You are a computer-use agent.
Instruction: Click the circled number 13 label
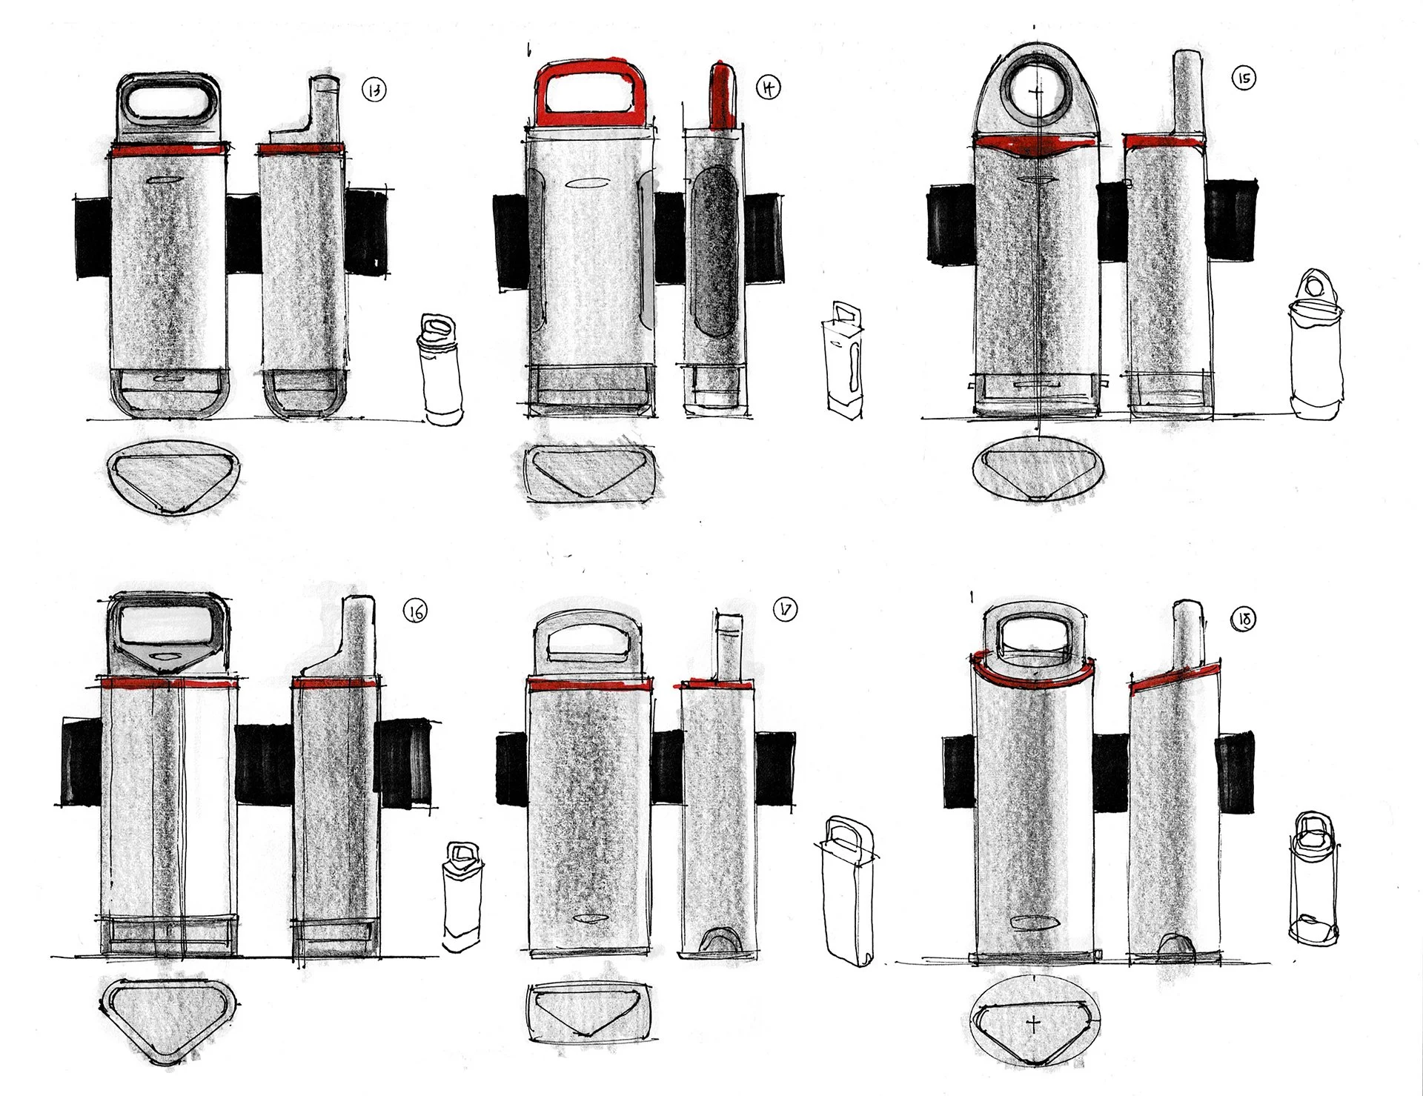click(375, 91)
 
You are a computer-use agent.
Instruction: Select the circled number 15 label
click(1244, 79)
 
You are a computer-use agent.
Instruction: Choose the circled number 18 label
click(1244, 620)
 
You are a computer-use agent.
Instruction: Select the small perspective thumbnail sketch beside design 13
click(441, 369)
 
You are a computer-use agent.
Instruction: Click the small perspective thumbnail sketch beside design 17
click(847, 889)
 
